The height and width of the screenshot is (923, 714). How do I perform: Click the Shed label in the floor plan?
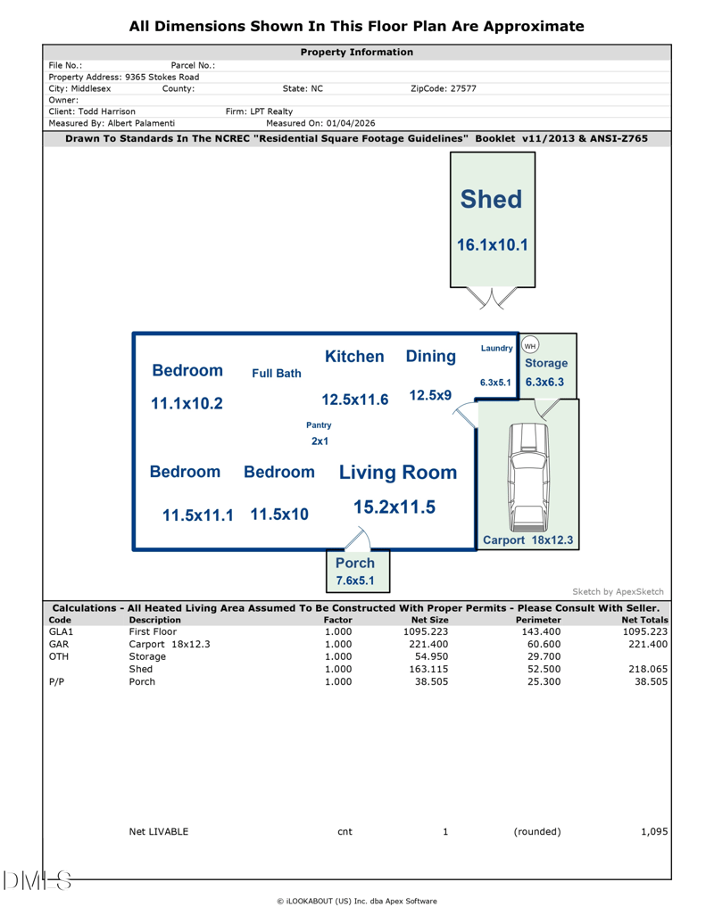(491, 201)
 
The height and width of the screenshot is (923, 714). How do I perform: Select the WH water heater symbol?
(530, 345)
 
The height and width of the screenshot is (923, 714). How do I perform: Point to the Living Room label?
(397, 472)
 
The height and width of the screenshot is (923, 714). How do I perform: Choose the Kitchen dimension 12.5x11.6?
(355, 400)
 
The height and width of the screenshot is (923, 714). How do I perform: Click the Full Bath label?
(276, 374)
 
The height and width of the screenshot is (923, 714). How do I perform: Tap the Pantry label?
(319, 425)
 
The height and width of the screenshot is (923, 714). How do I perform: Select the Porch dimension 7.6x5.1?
(355, 581)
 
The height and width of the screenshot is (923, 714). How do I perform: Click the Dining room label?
(431, 357)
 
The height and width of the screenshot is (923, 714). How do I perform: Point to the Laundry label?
(496, 348)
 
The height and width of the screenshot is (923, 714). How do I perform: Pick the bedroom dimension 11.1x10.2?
(187, 403)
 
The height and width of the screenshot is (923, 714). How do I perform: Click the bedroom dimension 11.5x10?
(279, 515)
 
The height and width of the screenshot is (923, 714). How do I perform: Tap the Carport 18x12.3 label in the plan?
(528, 540)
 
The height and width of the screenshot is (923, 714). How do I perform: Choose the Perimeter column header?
(538, 619)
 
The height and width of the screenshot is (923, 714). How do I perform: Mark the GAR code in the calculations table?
(57, 643)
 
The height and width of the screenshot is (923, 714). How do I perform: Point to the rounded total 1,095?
(653, 832)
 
